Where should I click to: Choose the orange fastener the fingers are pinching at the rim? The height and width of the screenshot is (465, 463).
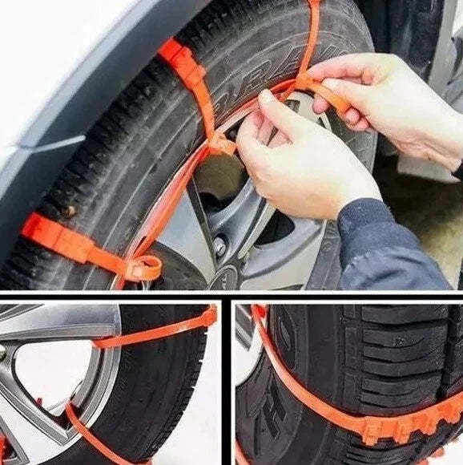click(x=220, y=144)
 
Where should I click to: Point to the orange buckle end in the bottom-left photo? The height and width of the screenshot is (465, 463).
click(x=209, y=316)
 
